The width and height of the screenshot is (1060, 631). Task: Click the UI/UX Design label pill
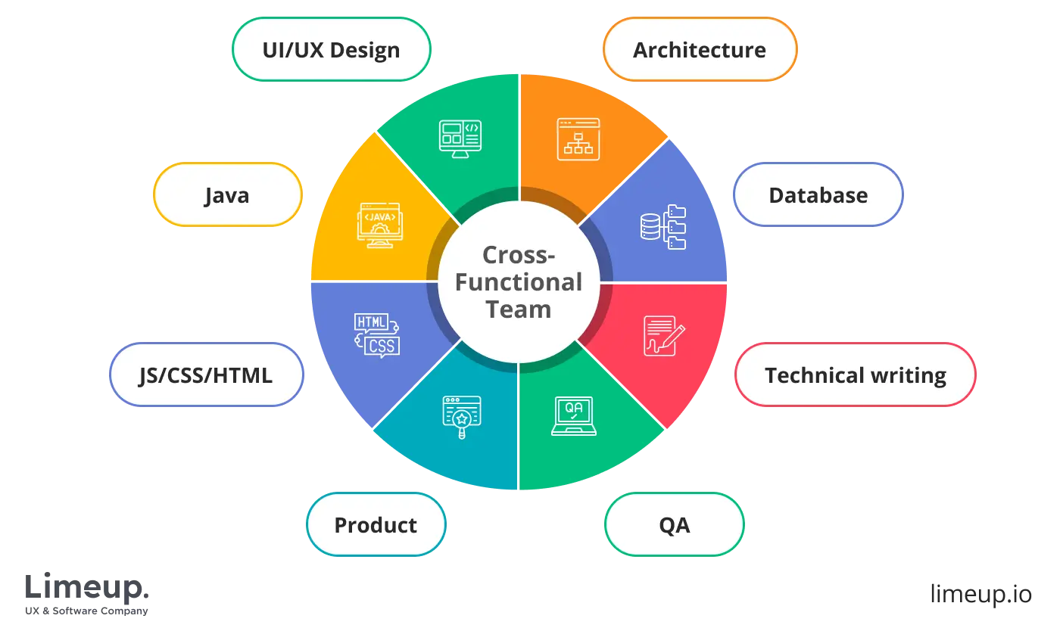tap(331, 50)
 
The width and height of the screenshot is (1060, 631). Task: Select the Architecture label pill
tap(700, 50)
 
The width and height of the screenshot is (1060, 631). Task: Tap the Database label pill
tap(818, 195)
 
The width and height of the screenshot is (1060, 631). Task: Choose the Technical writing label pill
tap(855, 375)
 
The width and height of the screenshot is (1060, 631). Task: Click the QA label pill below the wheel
tap(674, 525)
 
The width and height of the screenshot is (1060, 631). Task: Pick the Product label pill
tap(376, 525)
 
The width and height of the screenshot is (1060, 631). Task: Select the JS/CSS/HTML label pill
tap(206, 375)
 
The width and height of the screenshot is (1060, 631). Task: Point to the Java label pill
tap(226, 195)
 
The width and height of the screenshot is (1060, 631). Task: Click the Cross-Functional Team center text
tap(519, 281)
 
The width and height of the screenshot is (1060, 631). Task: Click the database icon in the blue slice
tap(662, 226)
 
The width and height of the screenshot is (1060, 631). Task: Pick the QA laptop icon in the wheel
tap(573, 415)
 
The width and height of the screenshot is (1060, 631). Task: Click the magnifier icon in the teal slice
tap(462, 417)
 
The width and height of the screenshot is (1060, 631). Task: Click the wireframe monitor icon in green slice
tap(460, 138)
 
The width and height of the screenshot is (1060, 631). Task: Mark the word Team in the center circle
tap(519, 309)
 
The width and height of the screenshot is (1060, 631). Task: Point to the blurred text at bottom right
tap(980, 593)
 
